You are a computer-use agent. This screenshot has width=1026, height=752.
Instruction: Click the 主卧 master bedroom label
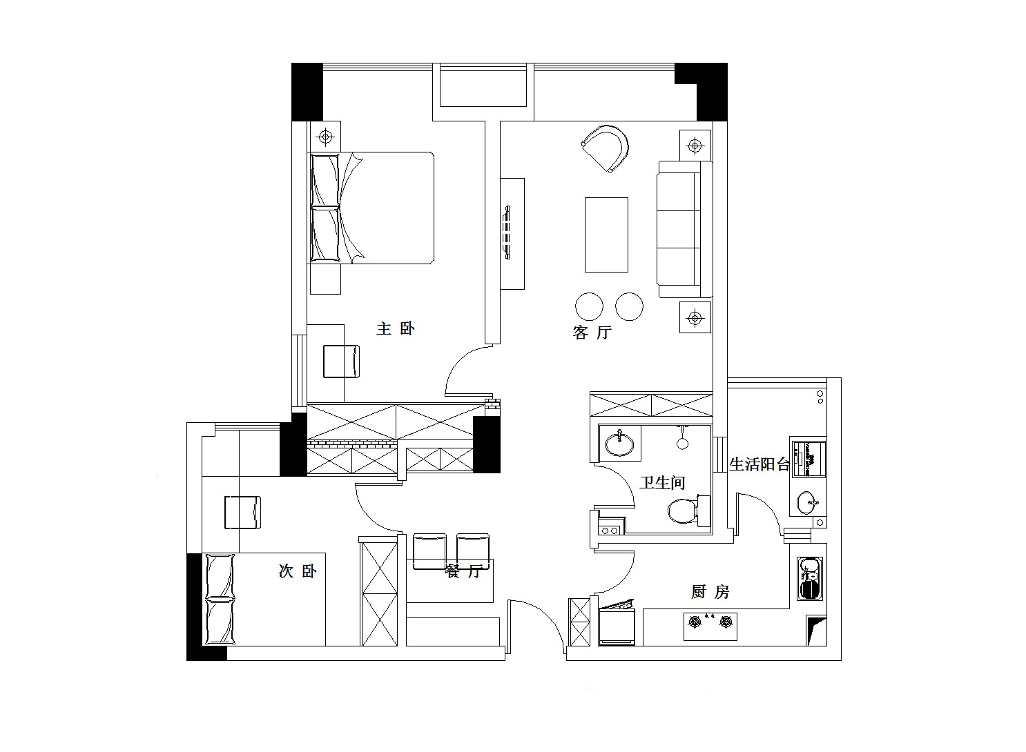pyautogui.click(x=396, y=328)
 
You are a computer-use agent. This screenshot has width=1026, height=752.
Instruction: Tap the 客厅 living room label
pyautogui.click(x=592, y=333)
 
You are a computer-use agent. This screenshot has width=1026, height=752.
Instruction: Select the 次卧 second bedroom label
pyautogui.click(x=298, y=571)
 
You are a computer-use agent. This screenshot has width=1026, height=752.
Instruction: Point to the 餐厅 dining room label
pyautogui.click(x=463, y=571)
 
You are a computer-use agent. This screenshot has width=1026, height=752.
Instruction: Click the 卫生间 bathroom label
pyautogui.click(x=662, y=482)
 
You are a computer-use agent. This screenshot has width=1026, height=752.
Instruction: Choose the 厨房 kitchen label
pyautogui.click(x=710, y=592)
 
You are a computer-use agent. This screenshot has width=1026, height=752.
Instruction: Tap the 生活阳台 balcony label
pyautogui.click(x=760, y=464)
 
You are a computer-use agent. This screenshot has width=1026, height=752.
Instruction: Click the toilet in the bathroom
pyautogui.click(x=688, y=510)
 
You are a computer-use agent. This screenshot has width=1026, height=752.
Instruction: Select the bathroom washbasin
pyautogui.click(x=619, y=443)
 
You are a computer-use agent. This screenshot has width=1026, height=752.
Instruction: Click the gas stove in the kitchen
pyautogui.click(x=710, y=626)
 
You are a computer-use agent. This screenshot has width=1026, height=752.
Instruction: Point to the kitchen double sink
pyautogui.click(x=811, y=579)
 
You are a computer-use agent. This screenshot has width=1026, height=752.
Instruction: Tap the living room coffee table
pyautogui.click(x=606, y=235)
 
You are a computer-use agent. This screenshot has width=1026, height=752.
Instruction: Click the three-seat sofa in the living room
pyautogui.click(x=684, y=230)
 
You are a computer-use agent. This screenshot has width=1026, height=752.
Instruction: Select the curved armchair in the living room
pyautogui.click(x=606, y=148)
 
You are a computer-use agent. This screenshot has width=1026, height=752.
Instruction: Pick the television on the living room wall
pyautogui.click(x=507, y=233)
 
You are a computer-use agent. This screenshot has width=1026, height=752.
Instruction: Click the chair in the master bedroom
pyautogui.click(x=341, y=362)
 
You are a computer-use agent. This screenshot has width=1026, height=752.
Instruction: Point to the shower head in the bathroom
pyautogui.click(x=682, y=439)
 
